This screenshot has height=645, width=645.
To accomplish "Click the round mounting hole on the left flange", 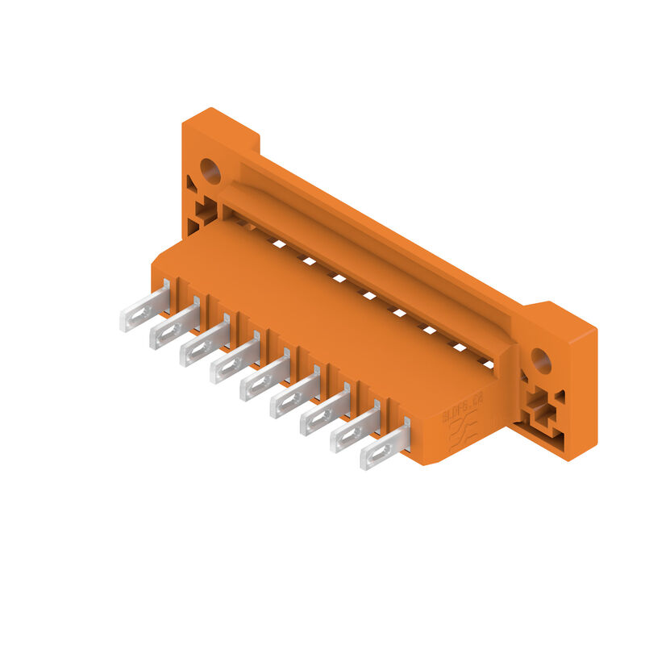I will (x=210, y=170).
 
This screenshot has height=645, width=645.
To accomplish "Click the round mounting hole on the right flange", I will (x=540, y=360).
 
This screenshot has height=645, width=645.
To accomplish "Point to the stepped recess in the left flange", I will (x=205, y=212).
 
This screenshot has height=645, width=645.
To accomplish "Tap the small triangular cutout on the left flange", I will (x=191, y=183).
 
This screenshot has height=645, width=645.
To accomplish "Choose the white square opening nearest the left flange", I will (x=278, y=243).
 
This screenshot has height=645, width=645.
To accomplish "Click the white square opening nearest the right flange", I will (x=488, y=364).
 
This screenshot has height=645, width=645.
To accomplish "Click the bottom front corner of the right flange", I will (x=568, y=460).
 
